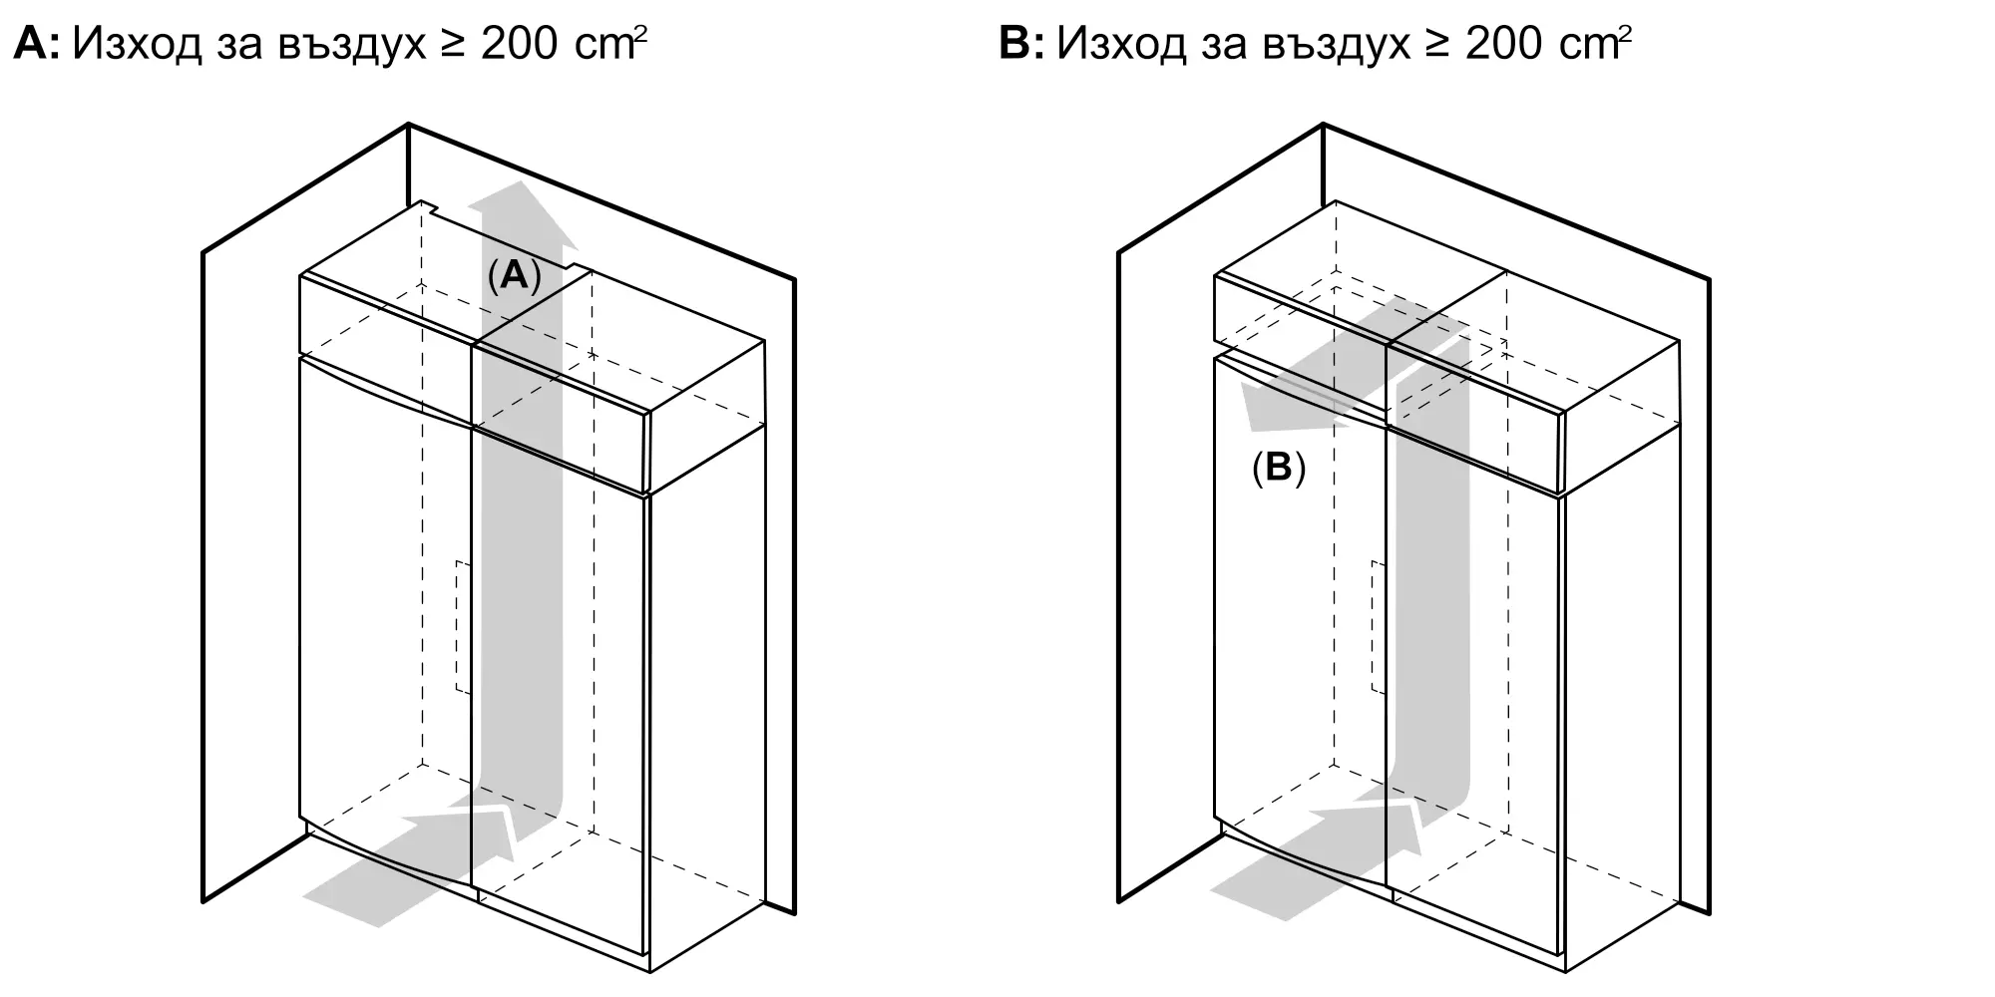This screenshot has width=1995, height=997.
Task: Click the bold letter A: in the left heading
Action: coord(36,45)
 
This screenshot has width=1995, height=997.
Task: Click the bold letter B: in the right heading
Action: coord(1021,45)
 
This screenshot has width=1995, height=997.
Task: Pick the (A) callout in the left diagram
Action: coord(514,274)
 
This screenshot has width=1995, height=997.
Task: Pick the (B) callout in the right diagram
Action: coord(1278,468)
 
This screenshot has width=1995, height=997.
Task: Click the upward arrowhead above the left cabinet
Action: coord(524,214)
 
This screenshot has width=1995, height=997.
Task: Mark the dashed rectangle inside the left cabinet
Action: coord(463,627)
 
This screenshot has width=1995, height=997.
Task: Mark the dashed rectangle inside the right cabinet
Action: coord(1378,627)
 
